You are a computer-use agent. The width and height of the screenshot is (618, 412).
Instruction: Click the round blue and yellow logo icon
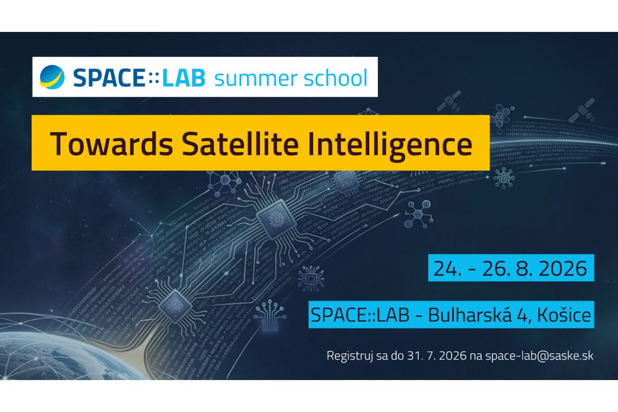point(52,77)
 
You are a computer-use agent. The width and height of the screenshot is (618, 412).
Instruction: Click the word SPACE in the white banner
point(109,78)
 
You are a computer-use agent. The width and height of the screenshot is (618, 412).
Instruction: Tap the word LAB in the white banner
point(184,78)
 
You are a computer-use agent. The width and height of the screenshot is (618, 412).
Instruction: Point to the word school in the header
point(335,78)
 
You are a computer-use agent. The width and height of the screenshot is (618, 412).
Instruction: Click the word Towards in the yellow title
point(111,144)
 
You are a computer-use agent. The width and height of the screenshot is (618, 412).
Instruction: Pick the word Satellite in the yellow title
point(241,144)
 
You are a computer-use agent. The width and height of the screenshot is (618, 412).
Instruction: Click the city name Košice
point(564,315)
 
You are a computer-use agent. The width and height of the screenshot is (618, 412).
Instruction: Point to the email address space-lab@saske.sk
point(539,356)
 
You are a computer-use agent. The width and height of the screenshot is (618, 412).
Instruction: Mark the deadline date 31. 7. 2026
point(437,355)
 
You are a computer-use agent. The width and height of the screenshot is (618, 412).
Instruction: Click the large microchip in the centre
point(276,220)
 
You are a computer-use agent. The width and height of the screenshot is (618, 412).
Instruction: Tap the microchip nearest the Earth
point(175,306)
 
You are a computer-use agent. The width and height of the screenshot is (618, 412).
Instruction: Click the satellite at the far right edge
point(581,110)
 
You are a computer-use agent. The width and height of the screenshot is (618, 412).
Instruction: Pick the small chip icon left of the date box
point(311,279)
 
